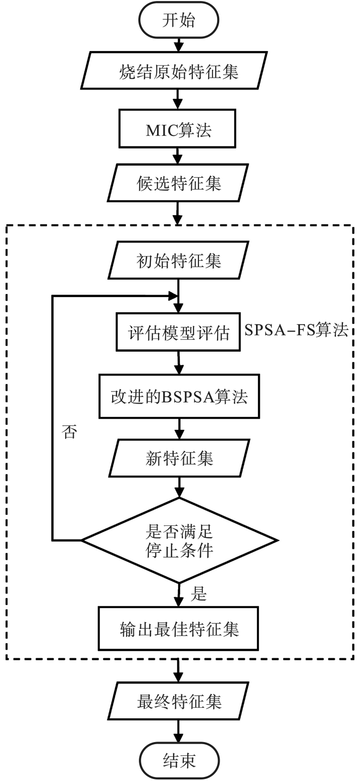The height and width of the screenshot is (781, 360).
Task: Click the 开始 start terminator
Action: tap(179, 21)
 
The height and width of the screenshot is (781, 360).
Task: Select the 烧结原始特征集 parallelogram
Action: tap(179, 72)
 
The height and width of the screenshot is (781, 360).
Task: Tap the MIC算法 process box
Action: tap(178, 130)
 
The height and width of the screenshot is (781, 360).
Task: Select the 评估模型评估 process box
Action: tap(178, 332)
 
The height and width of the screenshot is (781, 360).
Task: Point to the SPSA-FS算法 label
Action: tap(296, 330)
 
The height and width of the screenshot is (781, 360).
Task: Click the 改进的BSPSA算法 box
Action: tap(179, 396)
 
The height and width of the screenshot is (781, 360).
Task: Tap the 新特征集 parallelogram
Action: tap(179, 458)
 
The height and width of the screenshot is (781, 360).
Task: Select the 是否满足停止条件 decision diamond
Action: tap(179, 540)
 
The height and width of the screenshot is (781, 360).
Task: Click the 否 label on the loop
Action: tap(69, 432)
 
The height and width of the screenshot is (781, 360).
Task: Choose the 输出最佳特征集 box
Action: tap(179, 629)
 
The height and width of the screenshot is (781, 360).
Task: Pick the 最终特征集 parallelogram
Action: tap(179, 702)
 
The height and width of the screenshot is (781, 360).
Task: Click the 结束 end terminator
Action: tap(179, 760)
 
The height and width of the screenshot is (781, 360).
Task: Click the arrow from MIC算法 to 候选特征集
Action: tap(178, 156)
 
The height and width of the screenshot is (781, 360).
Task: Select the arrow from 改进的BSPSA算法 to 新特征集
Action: tap(179, 429)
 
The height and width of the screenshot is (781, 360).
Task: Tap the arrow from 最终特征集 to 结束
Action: tap(179, 731)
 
